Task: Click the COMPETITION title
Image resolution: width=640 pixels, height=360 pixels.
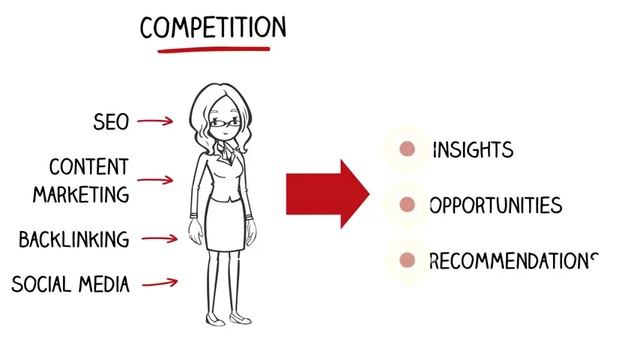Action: tap(213, 26)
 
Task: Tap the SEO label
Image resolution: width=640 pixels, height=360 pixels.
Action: tap(110, 122)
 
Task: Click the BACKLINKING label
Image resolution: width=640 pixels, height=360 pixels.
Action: tap(74, 240)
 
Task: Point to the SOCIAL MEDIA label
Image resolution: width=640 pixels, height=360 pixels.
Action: tap(70, 284)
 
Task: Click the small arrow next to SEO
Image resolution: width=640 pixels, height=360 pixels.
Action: tap(155, 122)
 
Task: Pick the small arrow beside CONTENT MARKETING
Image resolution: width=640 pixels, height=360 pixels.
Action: tap(155, 181)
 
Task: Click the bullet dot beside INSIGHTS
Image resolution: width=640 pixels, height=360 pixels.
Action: tap(407, 150)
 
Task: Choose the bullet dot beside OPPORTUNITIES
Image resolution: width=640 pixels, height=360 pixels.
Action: tap(407, 205)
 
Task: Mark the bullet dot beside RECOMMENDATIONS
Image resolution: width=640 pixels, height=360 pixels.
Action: tap(407, 261)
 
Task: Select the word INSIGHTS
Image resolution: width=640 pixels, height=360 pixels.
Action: tap(473, 150)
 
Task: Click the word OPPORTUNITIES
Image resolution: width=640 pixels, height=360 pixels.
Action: tap(495, 206)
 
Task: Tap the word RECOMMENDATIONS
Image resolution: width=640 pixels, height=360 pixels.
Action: tap(512, 261)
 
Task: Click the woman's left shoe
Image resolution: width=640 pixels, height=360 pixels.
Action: tap(240, 319)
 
